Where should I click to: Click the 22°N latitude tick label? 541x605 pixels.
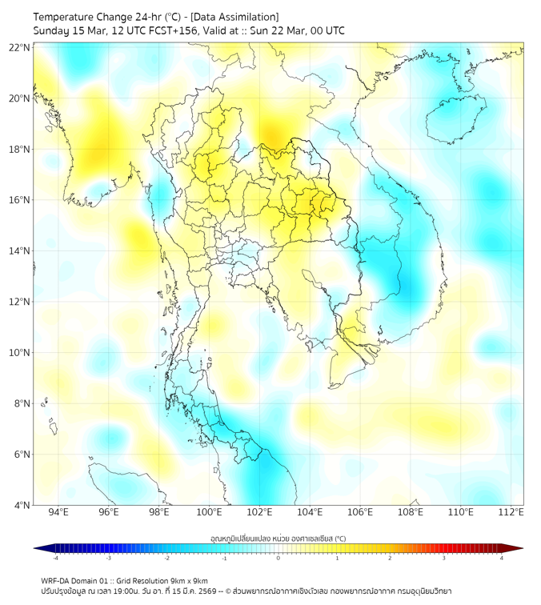(19, 47)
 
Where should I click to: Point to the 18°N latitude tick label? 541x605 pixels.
(19, 149)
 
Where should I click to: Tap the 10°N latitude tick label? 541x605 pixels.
(19, 352)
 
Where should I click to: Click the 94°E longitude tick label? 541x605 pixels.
(58, 512)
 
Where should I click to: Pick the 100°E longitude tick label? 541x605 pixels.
(209, 512)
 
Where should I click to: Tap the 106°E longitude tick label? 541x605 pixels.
(360, 512)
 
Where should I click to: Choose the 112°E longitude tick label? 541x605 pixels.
(511, 512)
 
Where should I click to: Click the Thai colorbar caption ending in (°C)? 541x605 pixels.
(278, 539)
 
